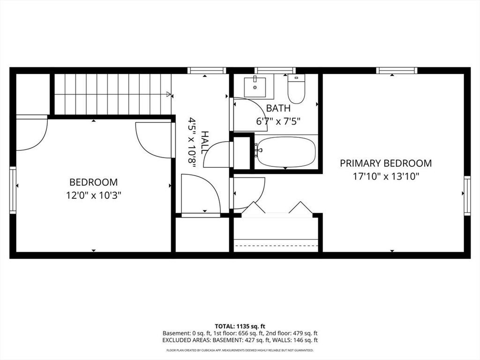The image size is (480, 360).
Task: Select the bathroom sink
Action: pyautogui.click(x=255, y=87)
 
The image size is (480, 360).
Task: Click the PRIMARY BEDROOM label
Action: pyautogui.click(x=386, y=163)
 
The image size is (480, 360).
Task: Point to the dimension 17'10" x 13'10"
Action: pyautogui.click(x=386, y=177)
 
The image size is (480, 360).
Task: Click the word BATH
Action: pyautogui.click(x=278, y=108)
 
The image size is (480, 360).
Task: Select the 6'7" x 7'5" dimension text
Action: pyautogui.click(x=278, y=121)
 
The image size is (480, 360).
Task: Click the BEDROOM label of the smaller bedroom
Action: pyautogui.click(x=93, y=182)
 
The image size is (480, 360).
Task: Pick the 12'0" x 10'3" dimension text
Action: pyautogui.click(x=94, y=195)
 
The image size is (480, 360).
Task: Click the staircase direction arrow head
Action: pyautogui.click(x=168, y=94)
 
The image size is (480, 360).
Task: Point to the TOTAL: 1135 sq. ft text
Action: pyautogui.click(x=238, y=326)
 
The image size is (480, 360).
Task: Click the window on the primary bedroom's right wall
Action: pyautogui.click(x=467, y=195)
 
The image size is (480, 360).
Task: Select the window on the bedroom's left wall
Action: pyautogui.click(x=13, y=190)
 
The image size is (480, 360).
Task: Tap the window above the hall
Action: pyautogui.click(x=207, y=70)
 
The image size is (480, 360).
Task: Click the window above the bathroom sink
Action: pyautogui.click(x=275, y=70)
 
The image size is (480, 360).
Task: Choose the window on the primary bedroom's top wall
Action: pyautogui.click(x=397, y=70)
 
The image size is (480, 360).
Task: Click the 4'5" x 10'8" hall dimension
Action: pyautogui.click(x=192, y=142)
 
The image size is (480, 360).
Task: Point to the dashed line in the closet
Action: pyautogui.click(x=276, y=246)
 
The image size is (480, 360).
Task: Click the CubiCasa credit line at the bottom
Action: pyautogui.click(x=240, y=350)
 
